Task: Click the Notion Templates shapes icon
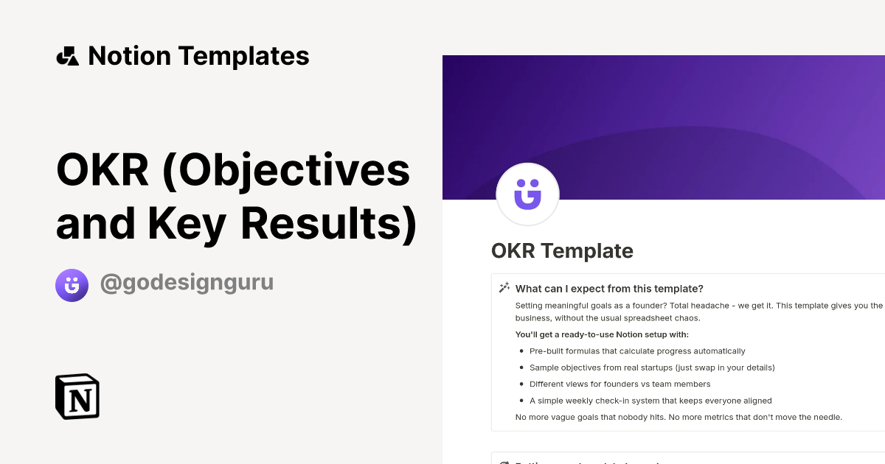coord(67,56)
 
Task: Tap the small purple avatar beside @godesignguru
coord(72,285)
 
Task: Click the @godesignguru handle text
coord(187,283)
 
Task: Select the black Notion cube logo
coord(77,396)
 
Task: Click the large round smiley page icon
coord(527,194)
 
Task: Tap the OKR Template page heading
coord(562,251)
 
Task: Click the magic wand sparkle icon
coord(504,288)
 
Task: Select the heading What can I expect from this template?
coord(609,289)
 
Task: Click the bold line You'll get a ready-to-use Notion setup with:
coord(602,334)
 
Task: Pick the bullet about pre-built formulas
coord(637,351)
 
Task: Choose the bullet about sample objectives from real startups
coord(652,368)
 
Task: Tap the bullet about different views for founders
coord(619,384)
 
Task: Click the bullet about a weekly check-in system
coord(650,401)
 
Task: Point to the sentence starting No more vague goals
coord(678,418)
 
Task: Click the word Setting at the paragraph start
coord(528,306)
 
